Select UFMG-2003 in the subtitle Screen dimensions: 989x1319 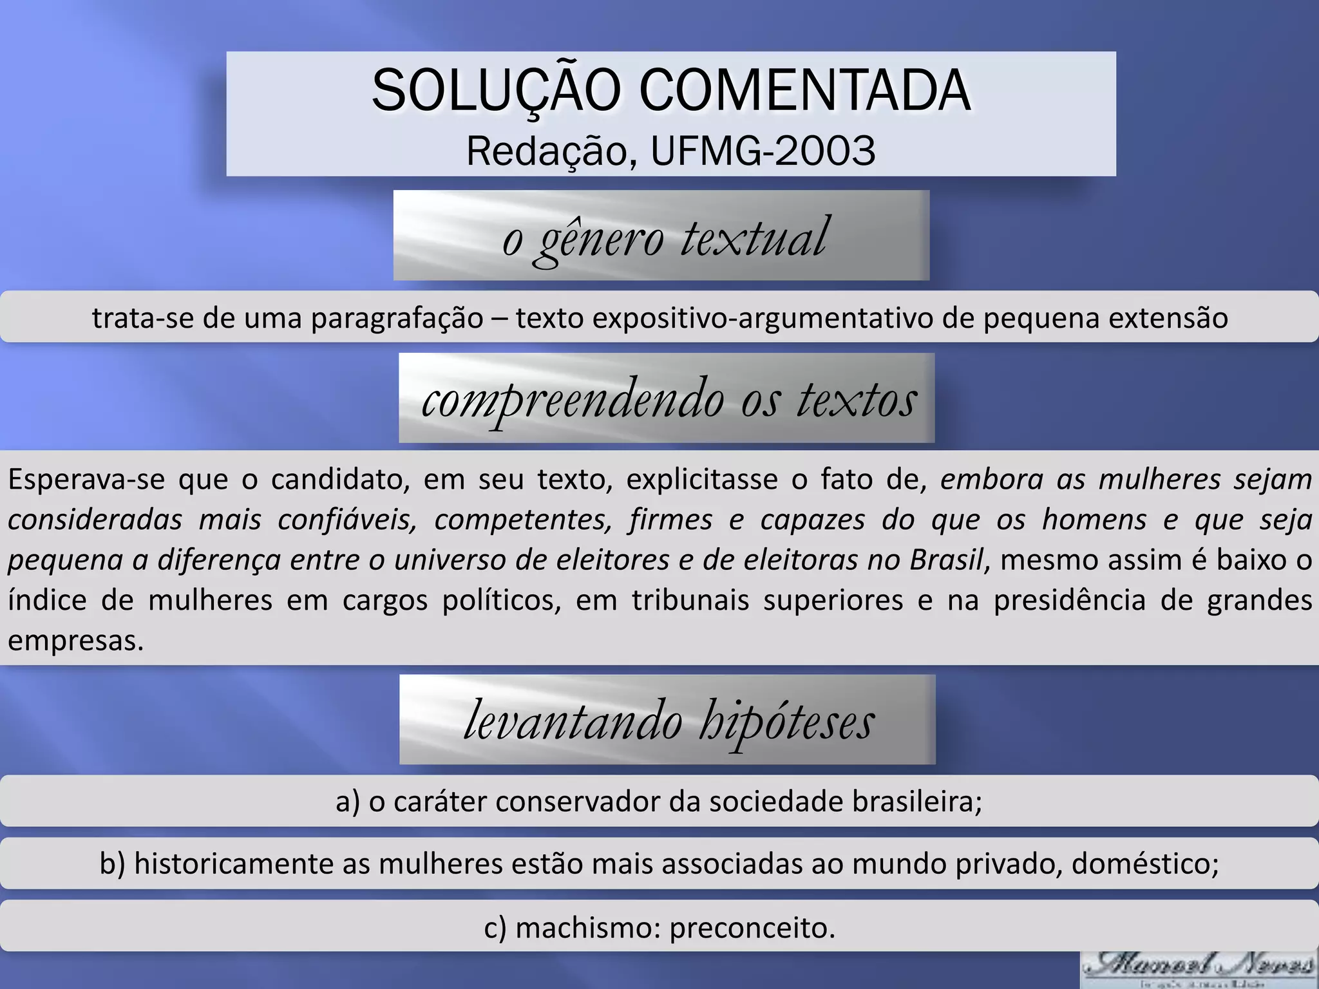pyautogui.click(x=763, y=151)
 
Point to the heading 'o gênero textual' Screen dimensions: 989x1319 pyautogui.click(x=664, y=237)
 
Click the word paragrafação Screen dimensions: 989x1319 pyautogui.click(x=397, y=318)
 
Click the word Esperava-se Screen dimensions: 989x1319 pyautogui.click(x=86, y=480)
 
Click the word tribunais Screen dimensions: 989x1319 pyautogui.click(x=690, y=600)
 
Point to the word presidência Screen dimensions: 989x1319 pyautogui.click(x=1069, y=600)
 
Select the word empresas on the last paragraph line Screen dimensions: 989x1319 pyautogui.click(x=75, y=641)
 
